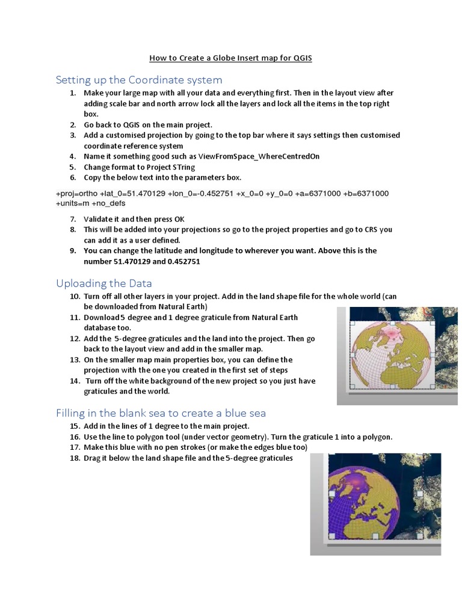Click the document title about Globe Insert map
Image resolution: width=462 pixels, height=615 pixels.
(x=230, y=58)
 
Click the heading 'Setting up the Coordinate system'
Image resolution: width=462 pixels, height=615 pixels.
(x=139, y=80)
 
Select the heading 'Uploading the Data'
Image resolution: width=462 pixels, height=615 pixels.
(x=104, y=283)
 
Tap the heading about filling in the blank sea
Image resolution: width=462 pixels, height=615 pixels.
(x=161, y=413)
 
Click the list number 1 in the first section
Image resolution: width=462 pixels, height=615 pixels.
(x=72, y=93)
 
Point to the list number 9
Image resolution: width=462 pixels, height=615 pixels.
(x=72, y=250)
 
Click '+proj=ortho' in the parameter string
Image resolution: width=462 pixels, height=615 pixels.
(x=76, y=193)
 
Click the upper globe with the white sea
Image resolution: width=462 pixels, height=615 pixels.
(x=388, y=354)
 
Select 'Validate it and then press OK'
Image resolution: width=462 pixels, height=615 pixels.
(x=134, y=219)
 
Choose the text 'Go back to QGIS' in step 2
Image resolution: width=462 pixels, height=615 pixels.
(x=111, y=124)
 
